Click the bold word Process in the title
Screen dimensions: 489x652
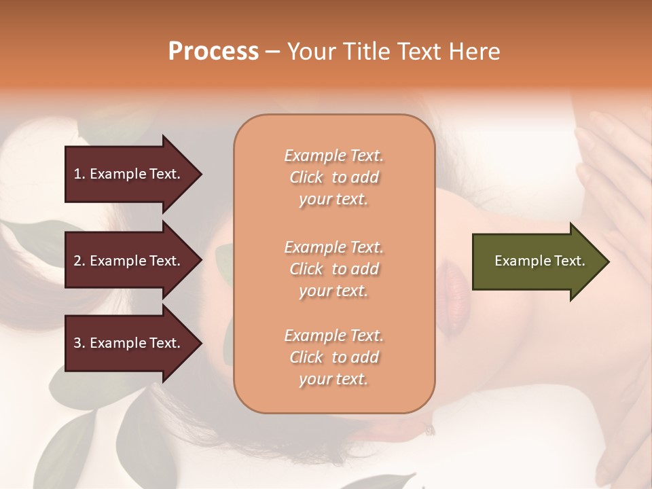pos(213,51)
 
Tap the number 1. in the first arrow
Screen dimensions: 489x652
pos(79,174)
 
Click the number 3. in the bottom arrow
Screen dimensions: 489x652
pos(79,343)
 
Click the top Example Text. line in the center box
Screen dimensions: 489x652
pos(333,156)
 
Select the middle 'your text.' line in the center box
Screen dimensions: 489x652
pos(333,291)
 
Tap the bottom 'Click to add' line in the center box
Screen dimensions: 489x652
pos(333,357)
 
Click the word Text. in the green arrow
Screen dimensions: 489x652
pos(569,261)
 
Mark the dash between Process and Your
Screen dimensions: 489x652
pos(272,52)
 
